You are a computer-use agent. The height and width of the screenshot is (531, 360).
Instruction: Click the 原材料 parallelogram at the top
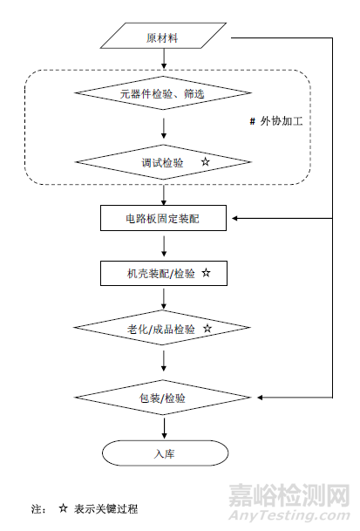(163, 38)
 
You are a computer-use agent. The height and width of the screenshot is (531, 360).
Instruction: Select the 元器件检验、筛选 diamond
(163, 92)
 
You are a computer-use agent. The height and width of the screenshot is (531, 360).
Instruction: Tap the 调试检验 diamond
(163, 162)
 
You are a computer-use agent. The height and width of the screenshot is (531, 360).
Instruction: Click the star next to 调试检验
(206, 162)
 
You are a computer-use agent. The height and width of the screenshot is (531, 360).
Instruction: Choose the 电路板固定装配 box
(163, 218)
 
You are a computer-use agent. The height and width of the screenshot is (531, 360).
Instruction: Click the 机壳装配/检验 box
(163, 273)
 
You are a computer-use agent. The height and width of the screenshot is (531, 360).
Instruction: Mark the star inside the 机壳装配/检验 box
(207, 273)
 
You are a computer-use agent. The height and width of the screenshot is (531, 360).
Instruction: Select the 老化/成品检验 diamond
(163, 329)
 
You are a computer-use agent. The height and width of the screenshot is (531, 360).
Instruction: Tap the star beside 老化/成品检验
(207, 329)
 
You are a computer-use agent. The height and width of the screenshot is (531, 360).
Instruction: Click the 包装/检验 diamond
(163, 398)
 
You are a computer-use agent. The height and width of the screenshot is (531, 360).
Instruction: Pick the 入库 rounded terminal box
(164, 453)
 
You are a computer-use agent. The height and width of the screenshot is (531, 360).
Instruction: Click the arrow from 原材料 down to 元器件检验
(163, 59)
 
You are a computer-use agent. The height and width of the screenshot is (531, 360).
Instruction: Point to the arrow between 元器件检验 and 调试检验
(163, 127)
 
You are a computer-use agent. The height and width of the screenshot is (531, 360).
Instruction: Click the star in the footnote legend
(63, 507)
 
